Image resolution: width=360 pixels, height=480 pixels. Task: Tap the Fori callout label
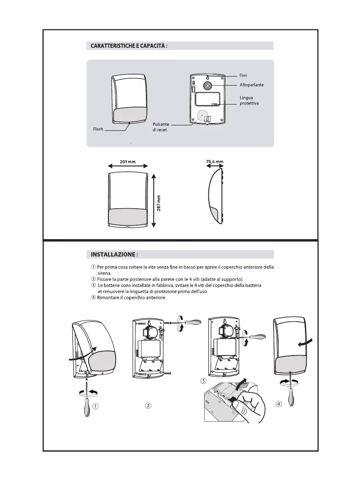pos(243,75)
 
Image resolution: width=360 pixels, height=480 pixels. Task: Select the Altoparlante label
pos(252,85)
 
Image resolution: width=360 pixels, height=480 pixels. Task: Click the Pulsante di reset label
pos(161,127)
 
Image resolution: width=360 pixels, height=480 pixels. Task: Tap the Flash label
pos(98,129)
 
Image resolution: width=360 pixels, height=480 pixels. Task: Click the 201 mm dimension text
pos(127,162)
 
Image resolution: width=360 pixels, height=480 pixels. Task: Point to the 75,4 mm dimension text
pos(214,162)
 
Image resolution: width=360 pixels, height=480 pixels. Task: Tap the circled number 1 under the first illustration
pos(96,406)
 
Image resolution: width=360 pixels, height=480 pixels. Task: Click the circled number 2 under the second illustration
pos(148,406)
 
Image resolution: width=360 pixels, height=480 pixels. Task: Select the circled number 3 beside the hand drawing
pos(203,381)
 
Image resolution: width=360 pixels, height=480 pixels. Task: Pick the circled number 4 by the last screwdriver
pos(279,403)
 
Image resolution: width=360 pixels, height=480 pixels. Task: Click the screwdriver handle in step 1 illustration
pos(87,407)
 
